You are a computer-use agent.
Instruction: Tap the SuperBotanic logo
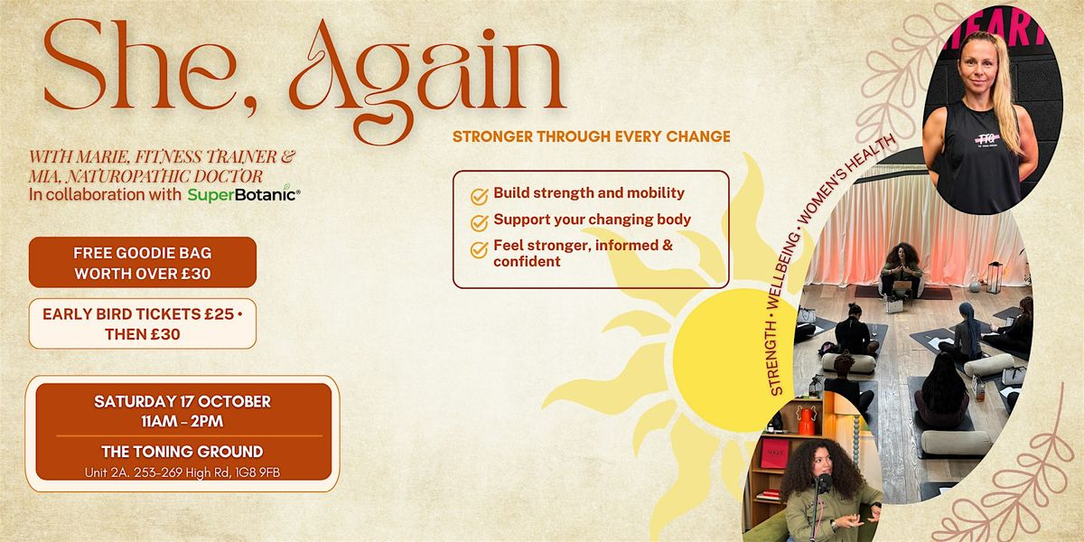point(244,194)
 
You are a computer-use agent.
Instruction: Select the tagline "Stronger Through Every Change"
point(592,137)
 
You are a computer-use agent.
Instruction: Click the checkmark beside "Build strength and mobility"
point(479,197)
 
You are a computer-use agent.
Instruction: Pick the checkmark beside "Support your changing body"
point(479,222)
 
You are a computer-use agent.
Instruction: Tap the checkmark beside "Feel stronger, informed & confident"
point(479,249)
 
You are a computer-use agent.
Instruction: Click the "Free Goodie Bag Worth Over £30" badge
point(143,262)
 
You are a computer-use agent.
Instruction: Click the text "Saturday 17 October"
point(182,402)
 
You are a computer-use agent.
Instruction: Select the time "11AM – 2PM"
point(182,422)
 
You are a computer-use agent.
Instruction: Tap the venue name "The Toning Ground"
point(182,452)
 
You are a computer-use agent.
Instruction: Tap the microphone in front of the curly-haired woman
point(824,484)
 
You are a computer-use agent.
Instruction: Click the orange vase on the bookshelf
point(806,421)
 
